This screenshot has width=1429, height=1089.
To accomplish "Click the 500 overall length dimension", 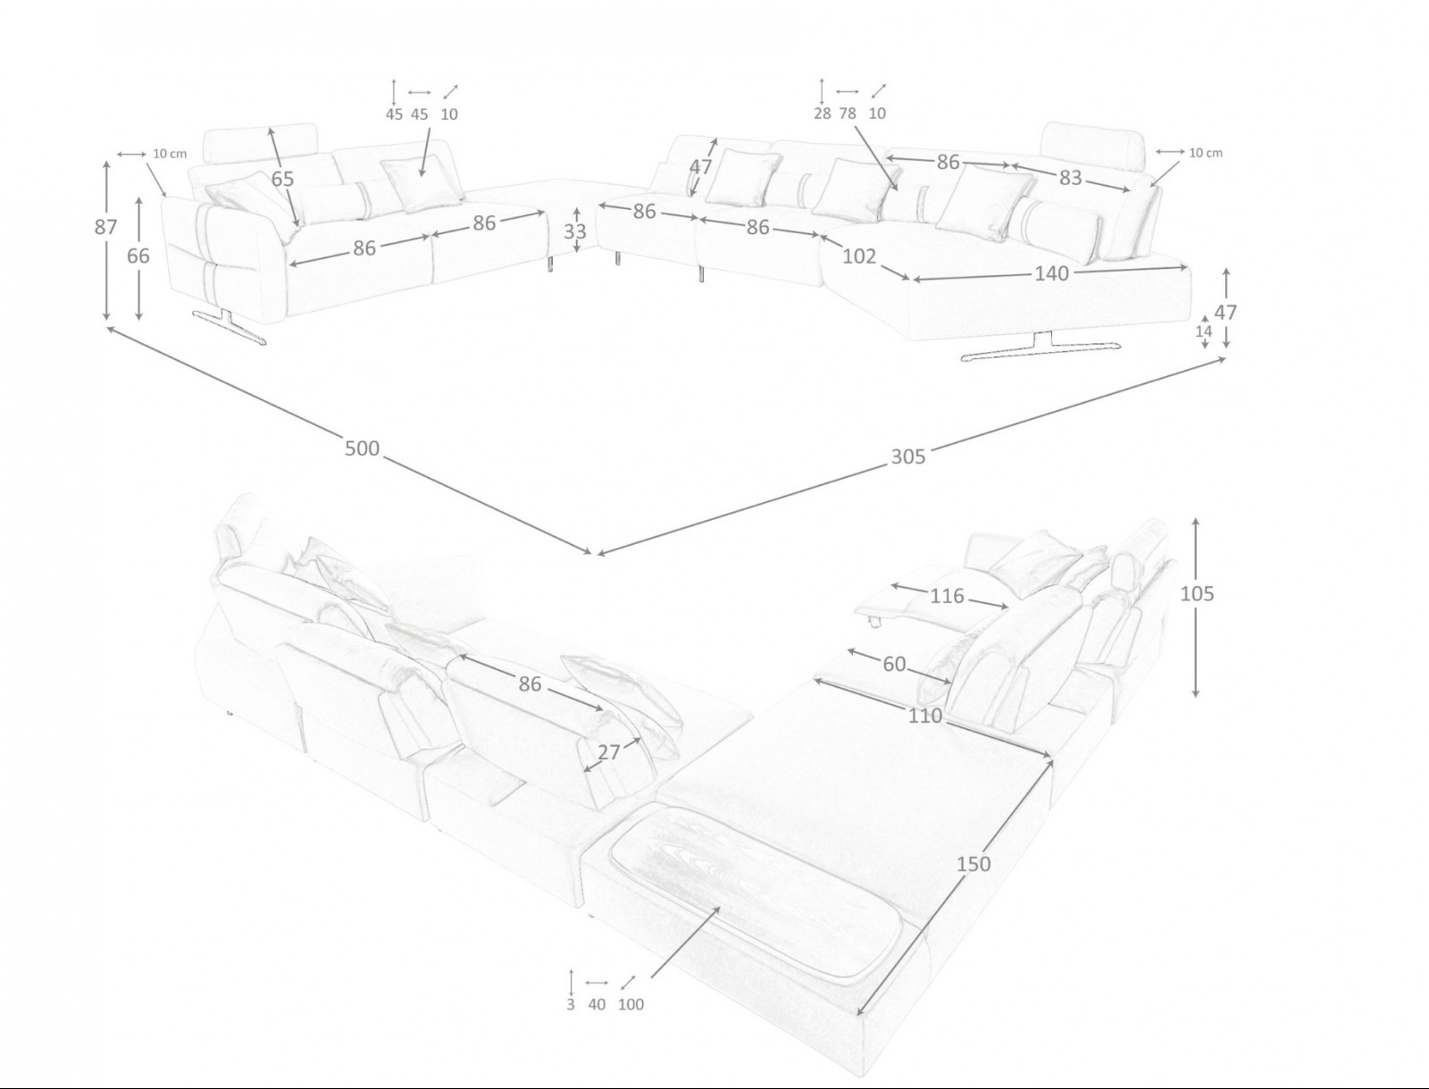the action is (x=362, y=448).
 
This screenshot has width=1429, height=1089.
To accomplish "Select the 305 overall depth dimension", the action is (x=907, y=457).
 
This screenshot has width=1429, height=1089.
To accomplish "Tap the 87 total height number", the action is (x=106, y=227).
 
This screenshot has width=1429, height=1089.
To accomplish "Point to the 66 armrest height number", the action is (x=138, y=255).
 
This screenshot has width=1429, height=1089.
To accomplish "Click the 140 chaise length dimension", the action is (x=1051, y=273).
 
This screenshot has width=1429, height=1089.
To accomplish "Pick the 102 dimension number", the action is (x=859, y=256).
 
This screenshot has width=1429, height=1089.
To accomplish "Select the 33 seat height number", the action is (x=575, y=231).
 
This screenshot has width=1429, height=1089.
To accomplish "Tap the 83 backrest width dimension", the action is (x=1070, y=177).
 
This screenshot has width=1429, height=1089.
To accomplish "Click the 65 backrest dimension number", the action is (x=282, y=179).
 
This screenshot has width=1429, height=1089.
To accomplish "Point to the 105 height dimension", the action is (x=1197, y=594).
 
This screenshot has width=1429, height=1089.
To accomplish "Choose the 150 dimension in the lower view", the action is (x=974, y=864).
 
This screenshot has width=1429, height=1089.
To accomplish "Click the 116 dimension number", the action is (x=946, y=596).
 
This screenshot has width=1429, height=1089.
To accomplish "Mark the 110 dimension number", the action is (x=925, y=716).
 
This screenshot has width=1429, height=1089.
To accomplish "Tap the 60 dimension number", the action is (x=894, y=664).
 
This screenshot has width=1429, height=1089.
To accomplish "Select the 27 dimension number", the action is (x=609, y=752).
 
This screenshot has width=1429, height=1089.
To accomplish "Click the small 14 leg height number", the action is (x=1204, y=331).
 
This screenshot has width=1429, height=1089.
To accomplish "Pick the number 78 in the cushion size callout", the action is (x=847, y=113).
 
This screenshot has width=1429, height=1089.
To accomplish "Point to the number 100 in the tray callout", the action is (x=631, y=1004).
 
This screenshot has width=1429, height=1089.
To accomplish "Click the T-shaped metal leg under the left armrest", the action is (x=230, y=324).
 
